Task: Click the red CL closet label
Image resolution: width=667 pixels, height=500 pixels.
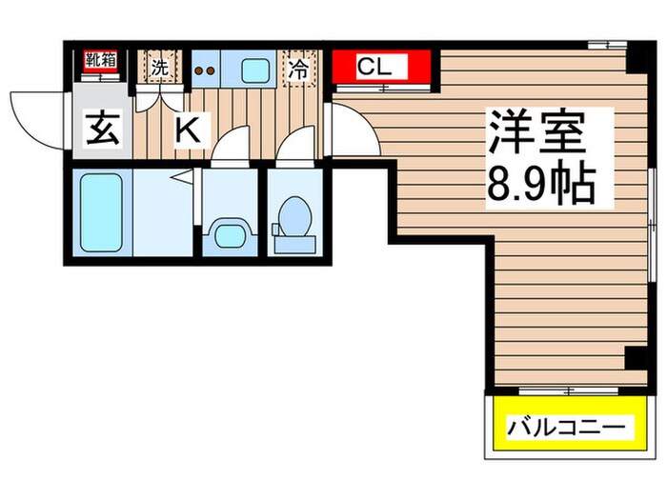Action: [383, 68]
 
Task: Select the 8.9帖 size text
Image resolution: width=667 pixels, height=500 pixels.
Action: [541, 185]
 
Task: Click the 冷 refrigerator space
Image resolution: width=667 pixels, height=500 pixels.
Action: [298, 70]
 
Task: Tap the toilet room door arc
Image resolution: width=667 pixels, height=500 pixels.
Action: [296, 150]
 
